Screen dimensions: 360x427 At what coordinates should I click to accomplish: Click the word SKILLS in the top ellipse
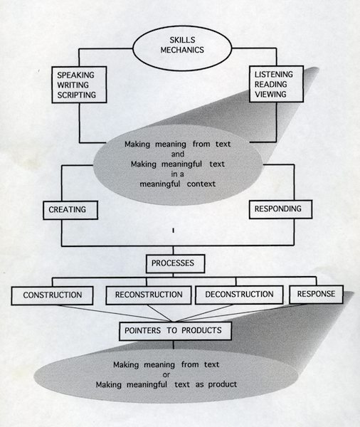pos(182,40)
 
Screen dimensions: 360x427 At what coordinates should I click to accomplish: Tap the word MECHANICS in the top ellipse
pos(182,50)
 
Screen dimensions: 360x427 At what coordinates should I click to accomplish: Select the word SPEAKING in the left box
pos(75,75)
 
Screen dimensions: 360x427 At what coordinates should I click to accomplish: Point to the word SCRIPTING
pos(77,95)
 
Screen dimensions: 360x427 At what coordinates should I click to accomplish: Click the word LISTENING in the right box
pos(274,74)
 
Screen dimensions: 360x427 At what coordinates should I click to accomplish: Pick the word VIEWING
pos(270,94)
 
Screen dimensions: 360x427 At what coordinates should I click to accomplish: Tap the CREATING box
pos(70,210)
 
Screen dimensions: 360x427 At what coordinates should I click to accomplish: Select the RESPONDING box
pos(280,209)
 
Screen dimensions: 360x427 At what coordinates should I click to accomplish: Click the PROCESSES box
pos(175,263)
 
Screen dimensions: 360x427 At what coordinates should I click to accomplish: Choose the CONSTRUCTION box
pos(52,295)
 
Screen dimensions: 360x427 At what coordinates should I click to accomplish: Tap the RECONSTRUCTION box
pos(149,295)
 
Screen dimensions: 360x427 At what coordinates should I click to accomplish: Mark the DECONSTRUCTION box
pos(239,295)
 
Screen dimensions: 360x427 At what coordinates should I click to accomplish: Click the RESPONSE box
pos(316,294)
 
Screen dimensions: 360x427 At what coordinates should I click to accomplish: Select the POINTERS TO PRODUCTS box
pos(175,331)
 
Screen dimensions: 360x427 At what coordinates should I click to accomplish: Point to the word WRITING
pos(73,85)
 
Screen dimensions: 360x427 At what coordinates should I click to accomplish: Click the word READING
pos(270,85)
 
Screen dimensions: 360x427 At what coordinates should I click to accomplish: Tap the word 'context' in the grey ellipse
pos(201,184)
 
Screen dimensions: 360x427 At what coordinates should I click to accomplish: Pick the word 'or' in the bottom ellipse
pos(166,375)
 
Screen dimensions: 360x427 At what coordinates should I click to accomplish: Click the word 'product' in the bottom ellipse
pos(223,384)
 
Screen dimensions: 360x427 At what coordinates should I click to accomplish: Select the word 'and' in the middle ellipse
pos(178,154)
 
